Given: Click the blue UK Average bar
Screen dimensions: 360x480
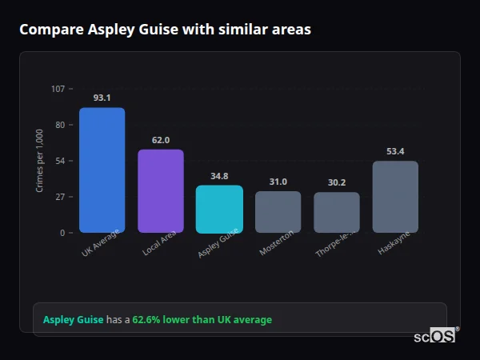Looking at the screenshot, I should click(102, 170).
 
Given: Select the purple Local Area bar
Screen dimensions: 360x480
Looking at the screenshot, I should click(161, 190).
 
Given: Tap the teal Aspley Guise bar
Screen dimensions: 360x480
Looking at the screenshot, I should click(219, 209).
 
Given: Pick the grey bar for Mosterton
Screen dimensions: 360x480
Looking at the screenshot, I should click(278, 211).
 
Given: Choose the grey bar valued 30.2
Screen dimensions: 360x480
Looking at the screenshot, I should click(337, 212).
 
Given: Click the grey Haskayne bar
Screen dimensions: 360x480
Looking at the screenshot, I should click(395, 197).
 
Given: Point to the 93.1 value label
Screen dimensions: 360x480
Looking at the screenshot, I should click(102, 98).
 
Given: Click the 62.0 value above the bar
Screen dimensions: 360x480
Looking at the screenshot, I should click(161, 140).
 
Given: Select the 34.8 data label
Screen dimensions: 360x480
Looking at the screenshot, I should click(219, 176).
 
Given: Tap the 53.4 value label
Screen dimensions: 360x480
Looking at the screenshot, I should click(395, 151).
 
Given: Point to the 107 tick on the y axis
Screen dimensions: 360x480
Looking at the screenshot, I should click(58, 88).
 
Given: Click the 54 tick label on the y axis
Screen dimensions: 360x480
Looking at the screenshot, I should click(60, 161).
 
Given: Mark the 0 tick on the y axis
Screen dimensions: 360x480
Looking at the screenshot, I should click(62, 233).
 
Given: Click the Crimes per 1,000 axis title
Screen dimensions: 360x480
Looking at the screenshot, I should click(40, 160).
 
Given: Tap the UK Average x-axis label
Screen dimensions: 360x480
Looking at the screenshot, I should click(100, 243).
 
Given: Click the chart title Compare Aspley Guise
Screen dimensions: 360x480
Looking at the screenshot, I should click(165, 30).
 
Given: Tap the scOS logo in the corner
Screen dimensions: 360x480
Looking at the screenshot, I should click(435, 336).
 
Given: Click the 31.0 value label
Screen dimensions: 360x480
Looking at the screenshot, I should click(278, 182).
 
